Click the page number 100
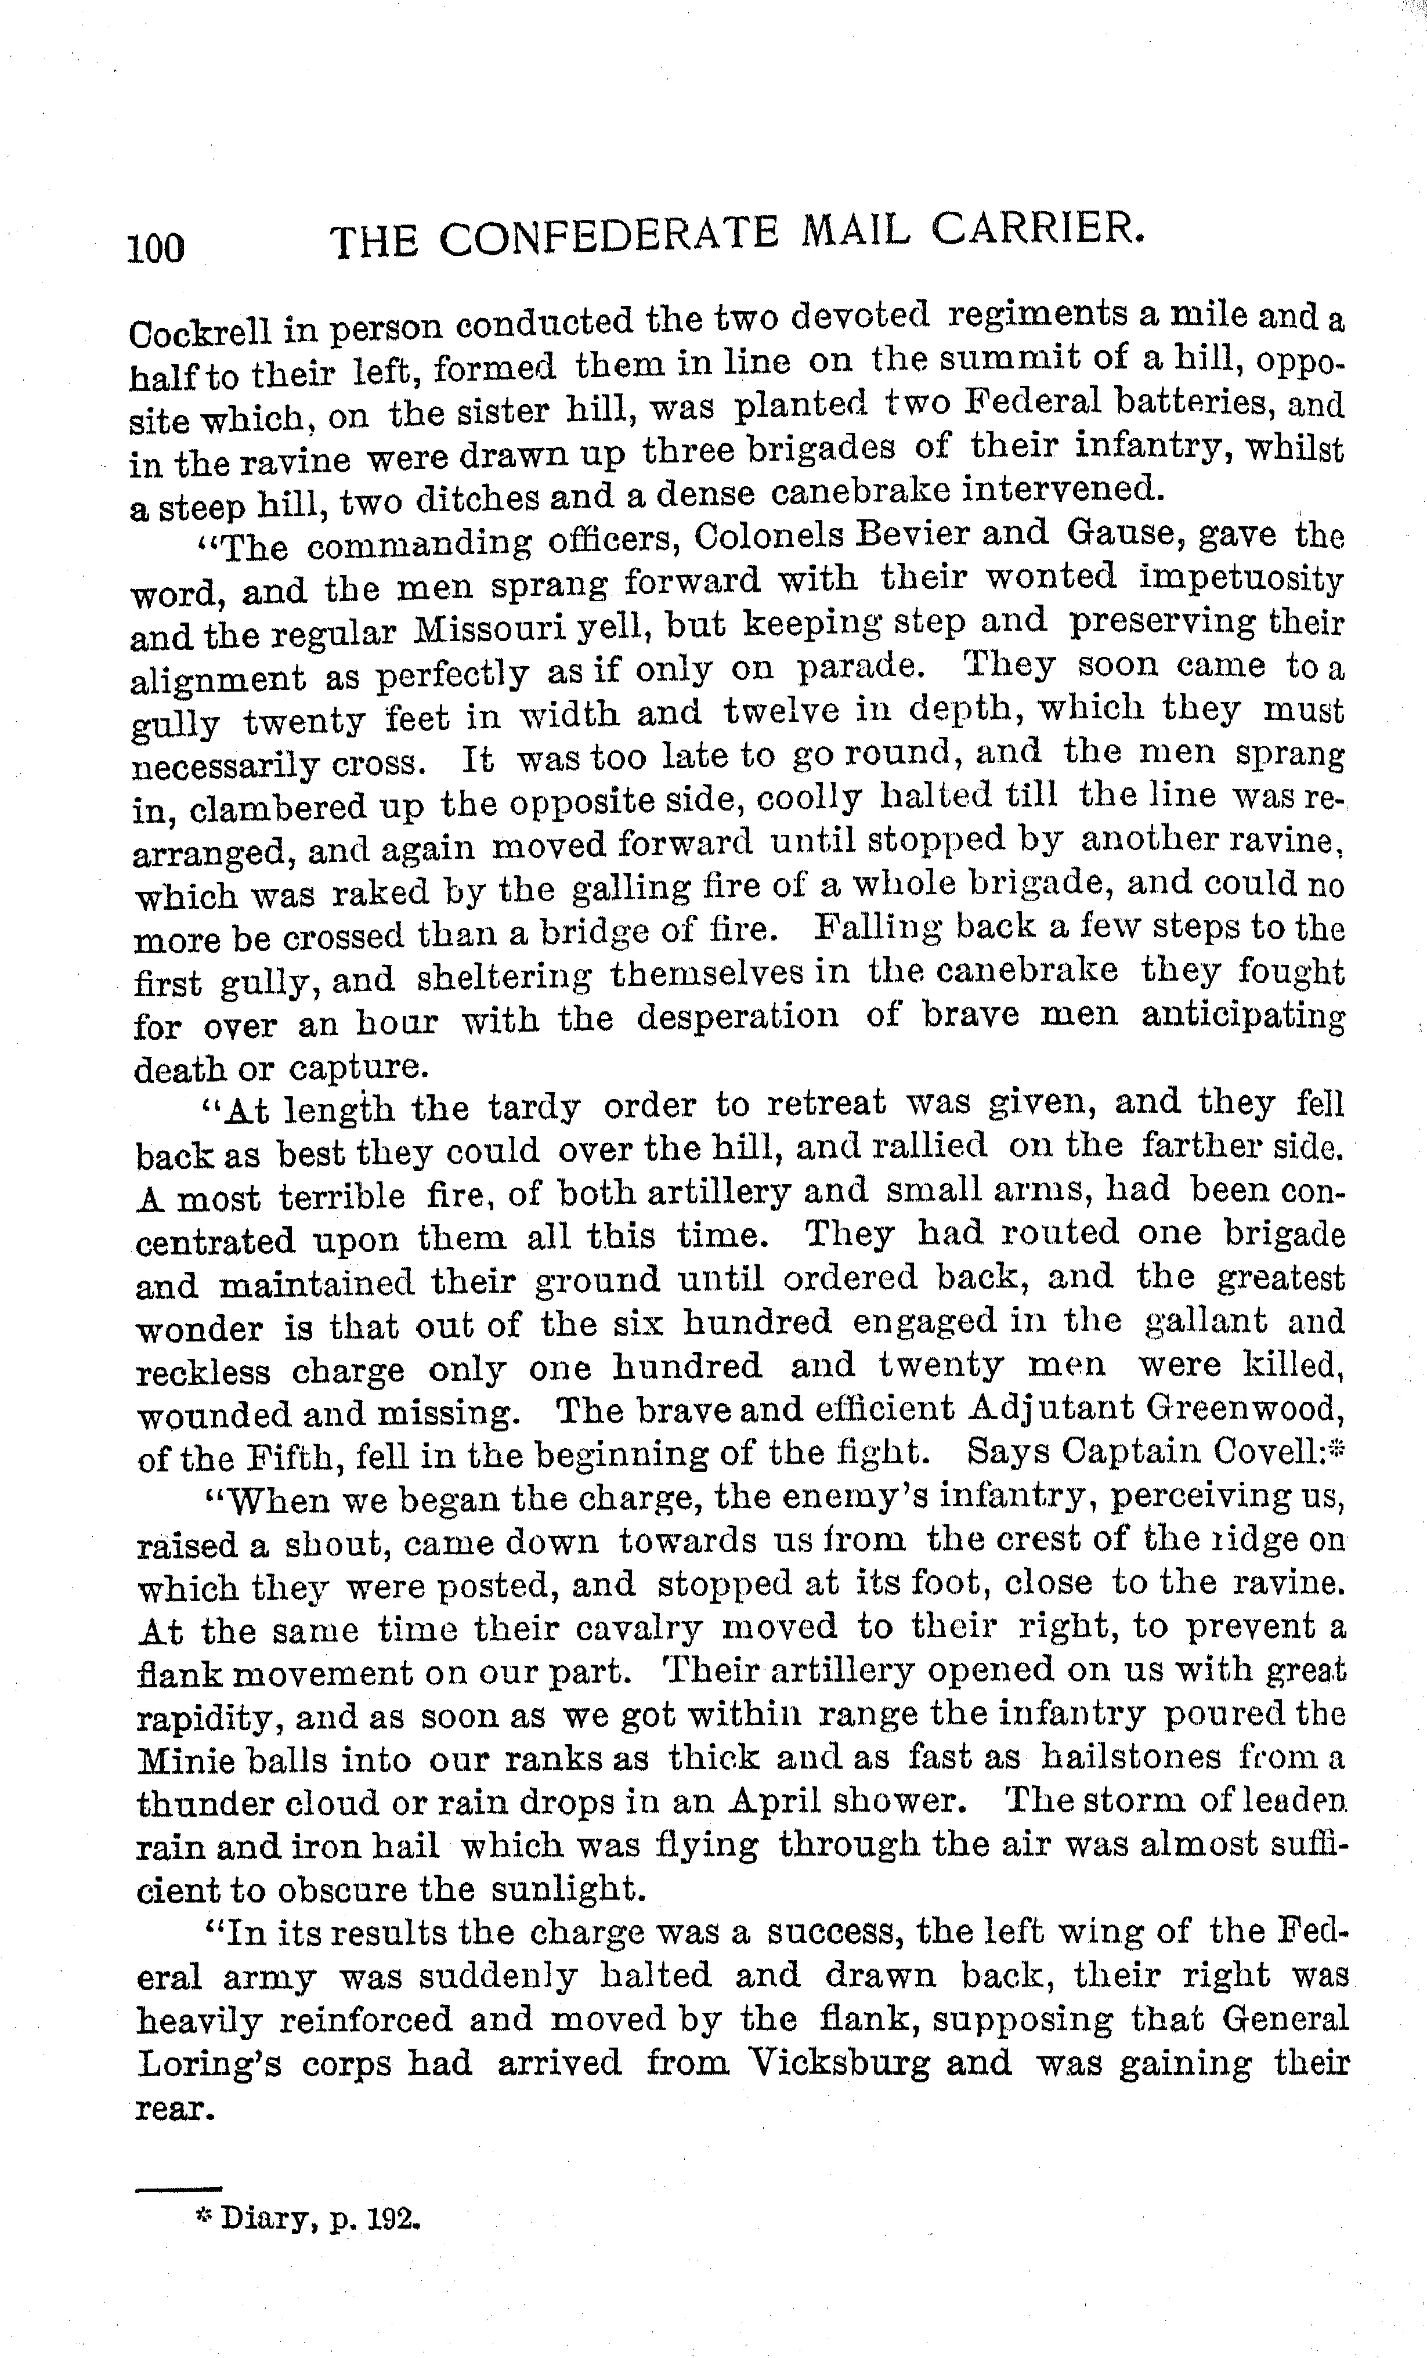(x=156, y=247)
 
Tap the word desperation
(x=738, y=1014)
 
